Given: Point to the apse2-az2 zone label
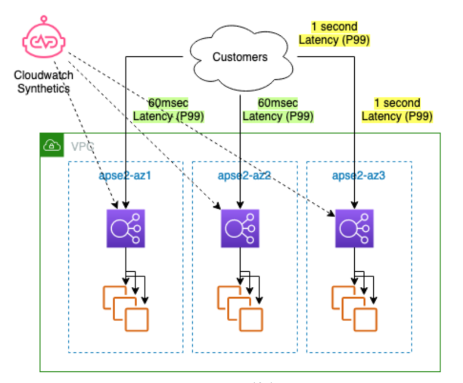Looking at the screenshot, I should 244,175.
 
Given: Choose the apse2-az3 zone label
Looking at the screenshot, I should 359,175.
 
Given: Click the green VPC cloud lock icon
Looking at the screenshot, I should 52,145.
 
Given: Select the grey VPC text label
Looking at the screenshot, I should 82,147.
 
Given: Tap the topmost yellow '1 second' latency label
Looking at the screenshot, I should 334,34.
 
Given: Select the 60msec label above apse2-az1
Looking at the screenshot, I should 168,110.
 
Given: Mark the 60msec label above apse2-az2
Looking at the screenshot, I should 278,110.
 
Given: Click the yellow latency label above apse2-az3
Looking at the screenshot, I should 397,110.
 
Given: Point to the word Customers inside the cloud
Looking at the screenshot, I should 240,57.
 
